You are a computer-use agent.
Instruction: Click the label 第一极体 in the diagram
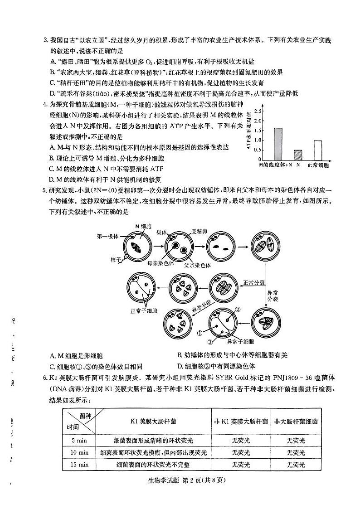pos(107,236)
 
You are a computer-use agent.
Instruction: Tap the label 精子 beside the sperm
pos(115,259)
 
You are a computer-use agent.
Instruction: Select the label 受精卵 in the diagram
pos(199,231)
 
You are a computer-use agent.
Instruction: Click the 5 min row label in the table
pos(79,440)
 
